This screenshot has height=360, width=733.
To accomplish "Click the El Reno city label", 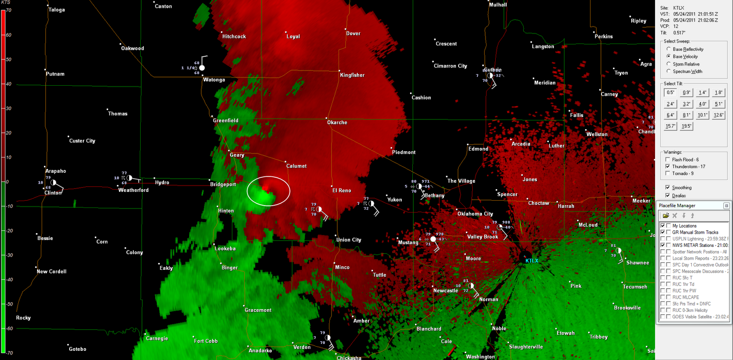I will (342, 191).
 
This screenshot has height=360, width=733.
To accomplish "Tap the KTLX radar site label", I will (532, 261).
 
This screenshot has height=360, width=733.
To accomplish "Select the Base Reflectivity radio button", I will (669, 49).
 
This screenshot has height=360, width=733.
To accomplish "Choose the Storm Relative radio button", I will (669, 64).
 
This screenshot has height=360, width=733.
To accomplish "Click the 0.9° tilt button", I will (686, 93).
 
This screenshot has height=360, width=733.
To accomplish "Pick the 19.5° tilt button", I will (686, 126).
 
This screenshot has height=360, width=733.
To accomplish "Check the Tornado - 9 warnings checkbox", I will (667, 173).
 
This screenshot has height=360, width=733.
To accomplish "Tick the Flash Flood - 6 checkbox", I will (667, 159).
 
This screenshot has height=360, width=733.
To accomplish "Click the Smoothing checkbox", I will (667, 187).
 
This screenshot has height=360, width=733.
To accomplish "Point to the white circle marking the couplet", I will (268, 191).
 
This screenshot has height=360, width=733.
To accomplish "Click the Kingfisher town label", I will (352, 75).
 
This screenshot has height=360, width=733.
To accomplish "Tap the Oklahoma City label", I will (475, 214).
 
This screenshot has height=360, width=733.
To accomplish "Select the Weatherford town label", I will (133, 190).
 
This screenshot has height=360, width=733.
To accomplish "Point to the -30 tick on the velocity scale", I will (9, 255).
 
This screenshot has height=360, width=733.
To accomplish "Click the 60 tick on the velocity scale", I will (8, 35).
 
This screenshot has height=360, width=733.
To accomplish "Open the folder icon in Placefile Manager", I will (666, 215).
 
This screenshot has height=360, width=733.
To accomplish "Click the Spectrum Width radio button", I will (669, 71).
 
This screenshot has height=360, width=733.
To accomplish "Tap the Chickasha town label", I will (349, 358).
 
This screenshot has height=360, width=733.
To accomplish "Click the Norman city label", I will (488, 300).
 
